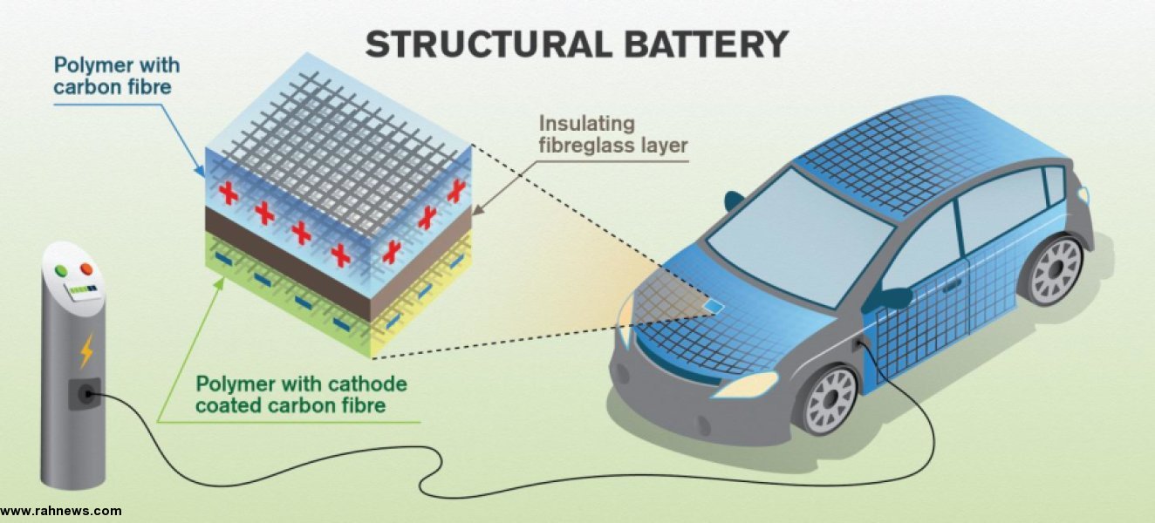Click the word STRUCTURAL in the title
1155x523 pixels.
pyautogui.click(x=489, y=44)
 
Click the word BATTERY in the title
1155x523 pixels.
pyautogui.click(x=707, y=44)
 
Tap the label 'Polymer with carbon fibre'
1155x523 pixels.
pyautogui.click(x=117, y=76)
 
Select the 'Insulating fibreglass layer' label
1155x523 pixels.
pyautogui.click(x=613, y=134)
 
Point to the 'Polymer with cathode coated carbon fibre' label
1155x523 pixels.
pyautogui.click(x=302, y=394)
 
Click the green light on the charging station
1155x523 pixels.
pyautogui.click(x=61, y=271)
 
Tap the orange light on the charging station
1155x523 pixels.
pyautogui.click(x=86, y=269)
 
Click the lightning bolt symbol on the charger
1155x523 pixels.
pyautogui.click(x=86, y=351)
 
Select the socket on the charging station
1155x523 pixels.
pyautogui.click(x=85, y=395)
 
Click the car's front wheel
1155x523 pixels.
pyautogui.click(x=831, y=399)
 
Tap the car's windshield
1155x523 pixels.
pyautogui.click(x=798, y=237)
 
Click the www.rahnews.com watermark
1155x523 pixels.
pyautogui.click(x=61, y=511)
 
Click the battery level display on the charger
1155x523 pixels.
pyautogui.click(x=84, y=290)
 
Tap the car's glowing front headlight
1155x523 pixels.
pyautogui.click(x=745, y=385)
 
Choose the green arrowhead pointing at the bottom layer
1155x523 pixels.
pyautogui.click(x=220, y=283)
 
